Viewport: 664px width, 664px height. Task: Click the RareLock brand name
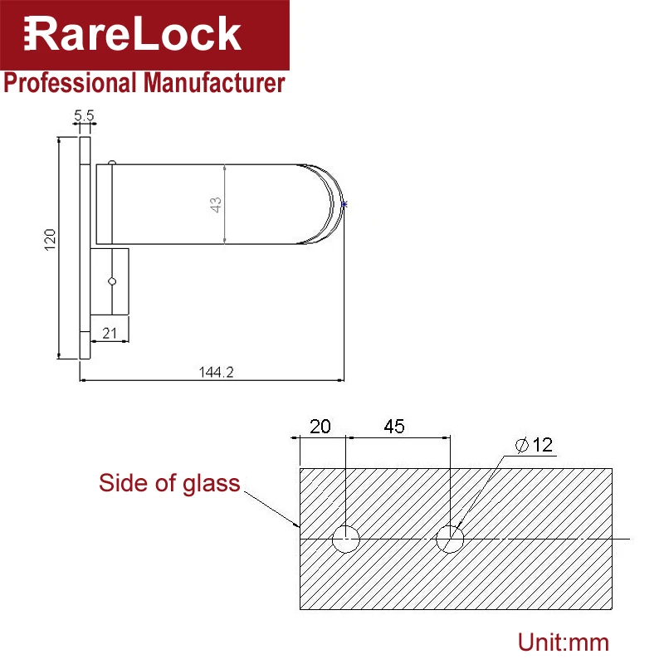pos(132,34)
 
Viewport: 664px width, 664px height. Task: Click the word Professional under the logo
pos(70,83)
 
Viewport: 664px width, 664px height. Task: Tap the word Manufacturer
pos(214,82)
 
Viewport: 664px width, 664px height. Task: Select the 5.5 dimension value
pos(84,115)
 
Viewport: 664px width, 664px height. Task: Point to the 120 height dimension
pos(50,240)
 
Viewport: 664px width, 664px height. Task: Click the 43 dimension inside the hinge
pos(216,205)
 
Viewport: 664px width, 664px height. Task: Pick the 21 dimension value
pos(110,334)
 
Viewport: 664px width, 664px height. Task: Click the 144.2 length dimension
pos(216,372)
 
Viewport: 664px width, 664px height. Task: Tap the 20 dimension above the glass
pos(320,427)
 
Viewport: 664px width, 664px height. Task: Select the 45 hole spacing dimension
pos(393,427)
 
